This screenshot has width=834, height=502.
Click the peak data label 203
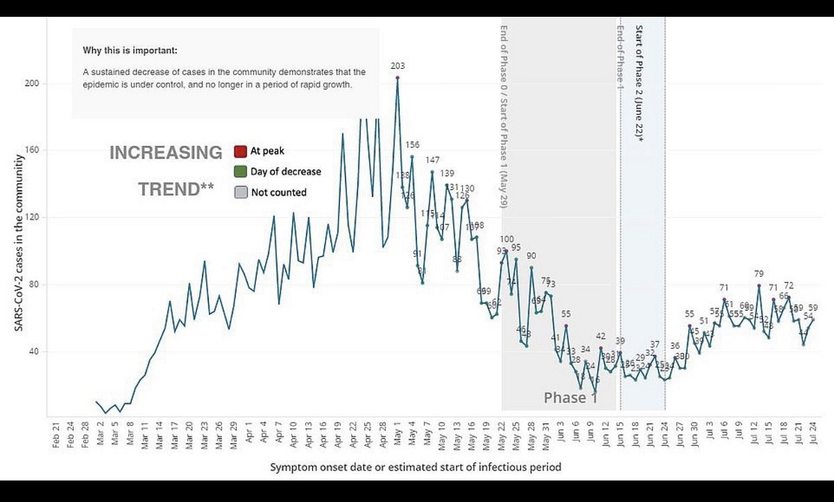click(398, 66)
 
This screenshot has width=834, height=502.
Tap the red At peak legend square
click(240, 151)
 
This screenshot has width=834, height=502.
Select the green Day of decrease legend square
click(240, 171)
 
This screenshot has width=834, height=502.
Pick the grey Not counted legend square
click(240, 192)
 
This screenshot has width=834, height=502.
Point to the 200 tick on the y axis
click(32, 83)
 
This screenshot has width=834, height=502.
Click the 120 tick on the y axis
click(32, 217)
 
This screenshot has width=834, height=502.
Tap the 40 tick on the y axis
click(34, 351)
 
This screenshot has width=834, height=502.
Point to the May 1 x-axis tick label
click(398, 433)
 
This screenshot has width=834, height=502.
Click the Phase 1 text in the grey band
click(570, 398)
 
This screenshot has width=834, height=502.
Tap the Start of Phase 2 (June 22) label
click(639, 83)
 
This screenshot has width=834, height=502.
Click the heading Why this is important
click(130, 50)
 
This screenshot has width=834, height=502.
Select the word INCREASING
click(166, 153)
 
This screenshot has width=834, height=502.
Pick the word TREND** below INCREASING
click(176, 190)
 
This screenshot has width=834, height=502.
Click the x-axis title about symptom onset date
click(415, 466)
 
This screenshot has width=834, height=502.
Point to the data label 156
click(412, 145)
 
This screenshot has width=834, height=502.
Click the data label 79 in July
click(759, 274)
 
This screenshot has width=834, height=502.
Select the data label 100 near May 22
click(507, 239)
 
